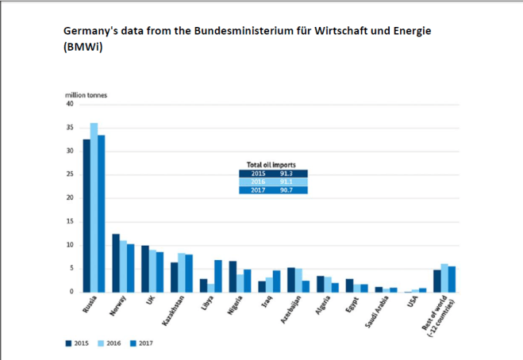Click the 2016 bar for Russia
click(94, 208)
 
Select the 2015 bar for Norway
click(116, 262)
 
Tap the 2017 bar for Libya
click(218, 276)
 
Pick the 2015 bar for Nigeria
click(233, 276)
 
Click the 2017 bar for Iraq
click(276, 281)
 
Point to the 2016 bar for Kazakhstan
click(182, 272)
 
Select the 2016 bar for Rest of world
click(444, 278)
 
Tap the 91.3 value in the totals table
click(286, 173)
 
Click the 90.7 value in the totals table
click(286, 190)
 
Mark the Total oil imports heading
click(272, 164)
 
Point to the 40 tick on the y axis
click(69, 104)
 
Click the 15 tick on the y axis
click(69, 221)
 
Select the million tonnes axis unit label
click(86, 95)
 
